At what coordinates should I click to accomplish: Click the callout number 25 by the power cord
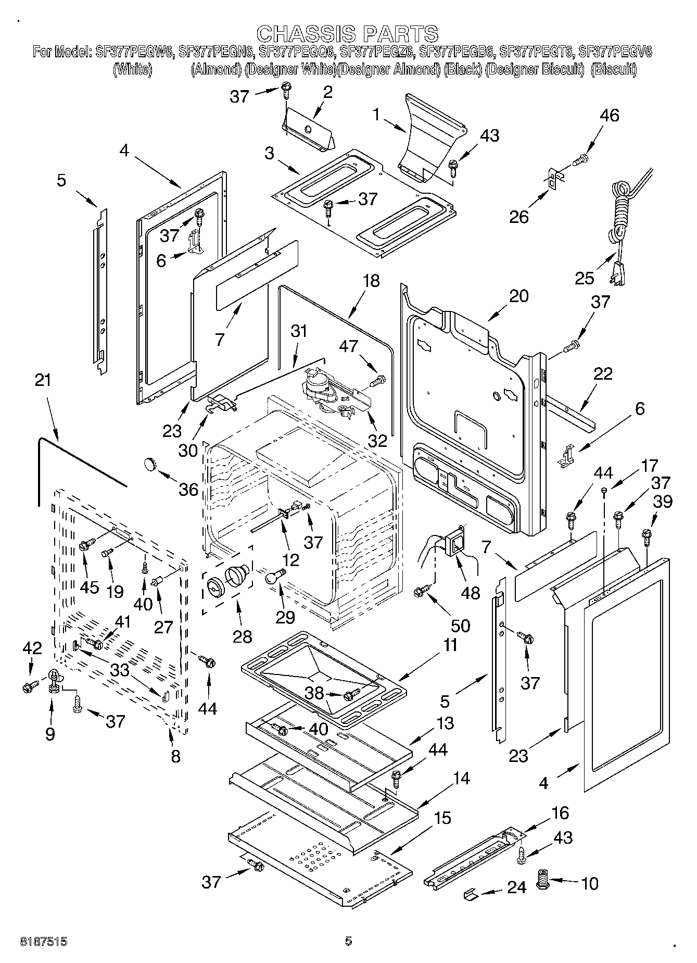tap(585, 278)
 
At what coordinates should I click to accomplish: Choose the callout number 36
tap(188, 489)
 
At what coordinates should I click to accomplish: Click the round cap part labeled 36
tap(150, 462)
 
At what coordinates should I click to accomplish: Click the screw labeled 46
tap(580, 160)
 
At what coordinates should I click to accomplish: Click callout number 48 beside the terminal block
tap(471, 592)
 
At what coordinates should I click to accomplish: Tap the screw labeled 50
tap(421, 591)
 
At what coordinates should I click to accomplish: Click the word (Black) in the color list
tap(462, 69)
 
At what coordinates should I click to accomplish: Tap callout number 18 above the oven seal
tap(371, 281)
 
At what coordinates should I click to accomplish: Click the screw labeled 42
tap(29, 687)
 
